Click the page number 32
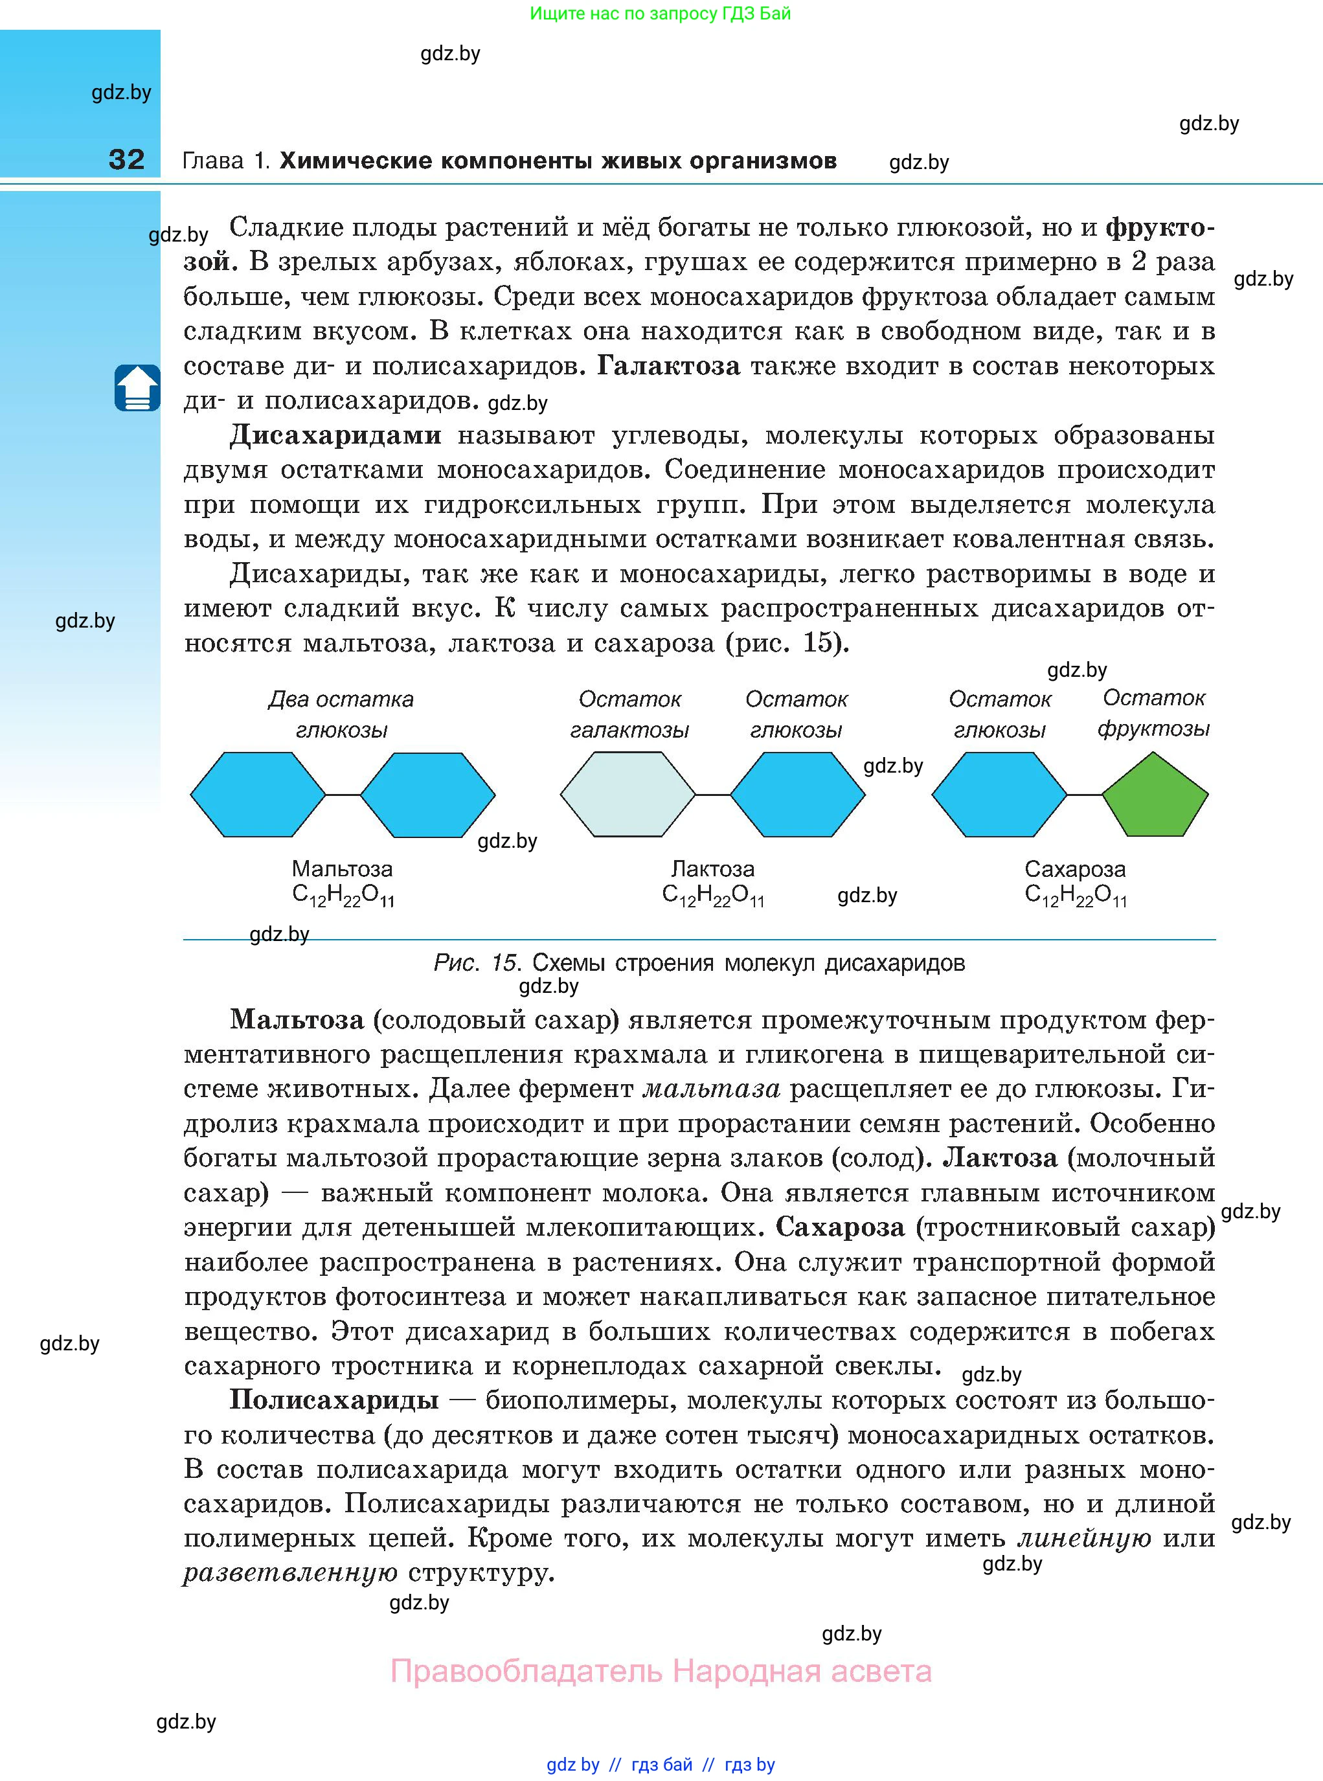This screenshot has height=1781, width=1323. coord(126,159)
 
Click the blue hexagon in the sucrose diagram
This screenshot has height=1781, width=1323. coord(999,795)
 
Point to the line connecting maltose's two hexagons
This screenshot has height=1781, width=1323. coord(343,795)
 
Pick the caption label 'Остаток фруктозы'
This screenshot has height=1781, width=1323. coord(1153,712)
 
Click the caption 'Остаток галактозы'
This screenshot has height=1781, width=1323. coord(629,714)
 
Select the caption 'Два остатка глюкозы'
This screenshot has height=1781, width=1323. coord(341,714)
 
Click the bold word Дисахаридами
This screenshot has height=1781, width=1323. coord(335,435)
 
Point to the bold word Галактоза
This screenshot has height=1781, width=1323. coord(669,366)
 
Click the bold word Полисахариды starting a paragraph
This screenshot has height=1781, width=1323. coord(334,1399)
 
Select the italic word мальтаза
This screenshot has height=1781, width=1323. coord(711,1088)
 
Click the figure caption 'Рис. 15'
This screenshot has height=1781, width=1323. coord(477,962)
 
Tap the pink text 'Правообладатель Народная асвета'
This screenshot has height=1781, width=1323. coord(661,1672)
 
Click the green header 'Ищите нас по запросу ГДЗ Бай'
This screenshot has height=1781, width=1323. coord(660,14)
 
